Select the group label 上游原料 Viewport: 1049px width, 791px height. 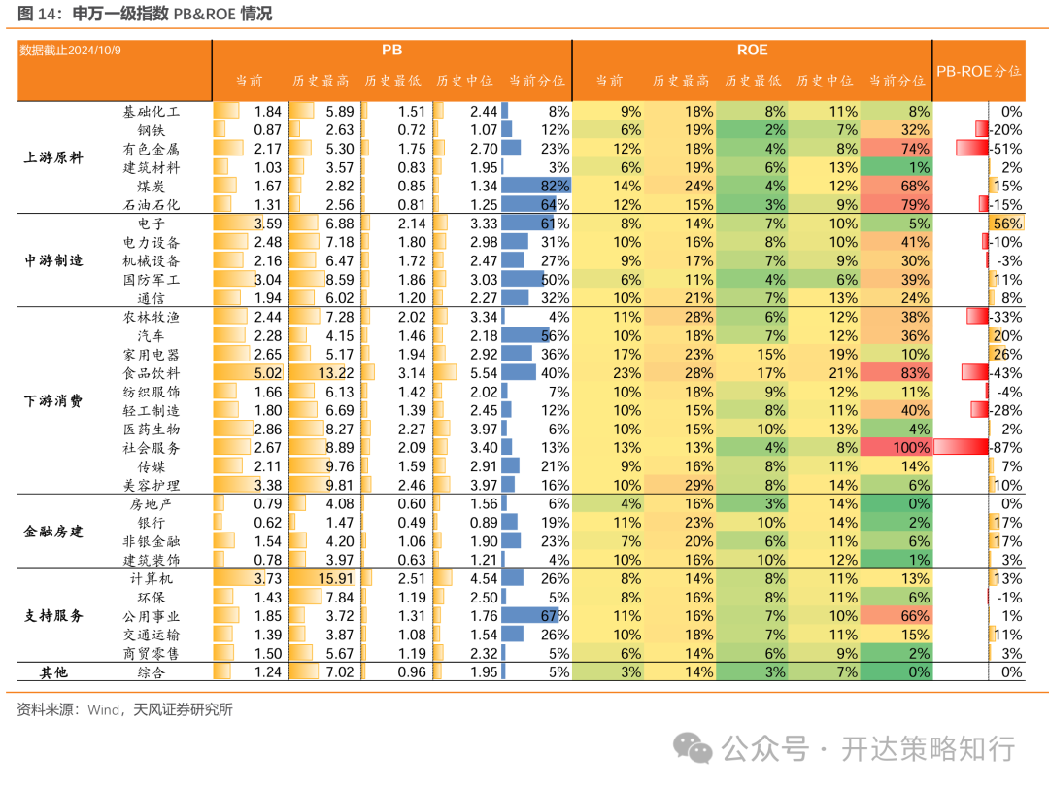[x=53, y=158]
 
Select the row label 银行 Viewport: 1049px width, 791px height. [x=152, y=523]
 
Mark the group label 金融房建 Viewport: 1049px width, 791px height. [x=53, y=533]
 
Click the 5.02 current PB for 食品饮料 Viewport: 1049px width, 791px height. [x=261, y=373]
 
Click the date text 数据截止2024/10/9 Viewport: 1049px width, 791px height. [x=71, y=51]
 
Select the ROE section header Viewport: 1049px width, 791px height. [x=753, y=51]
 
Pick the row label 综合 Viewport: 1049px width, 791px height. [x=152, y=672]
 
